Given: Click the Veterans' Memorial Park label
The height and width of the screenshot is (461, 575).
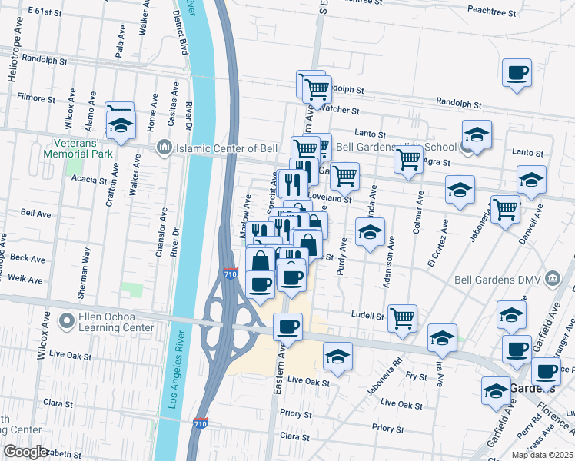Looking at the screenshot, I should (x=84, y=148).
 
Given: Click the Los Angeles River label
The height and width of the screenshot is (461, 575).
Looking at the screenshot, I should (x=178, y=369).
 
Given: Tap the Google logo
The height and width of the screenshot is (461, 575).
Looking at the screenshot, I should (x=25, y=451).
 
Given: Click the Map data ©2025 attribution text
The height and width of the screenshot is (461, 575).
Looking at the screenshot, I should (x=543, y=455).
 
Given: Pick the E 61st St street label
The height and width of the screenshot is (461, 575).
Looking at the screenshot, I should (x=44, y=12).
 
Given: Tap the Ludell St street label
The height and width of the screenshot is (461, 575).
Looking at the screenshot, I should (x=367, y=315).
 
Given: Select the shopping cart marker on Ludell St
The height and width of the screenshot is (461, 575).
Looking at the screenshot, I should (x=403, y=317).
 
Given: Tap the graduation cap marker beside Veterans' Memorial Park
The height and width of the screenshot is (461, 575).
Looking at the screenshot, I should (x=121, y=127).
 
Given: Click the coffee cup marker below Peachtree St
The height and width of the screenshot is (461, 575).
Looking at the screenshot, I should (x=517, y=74).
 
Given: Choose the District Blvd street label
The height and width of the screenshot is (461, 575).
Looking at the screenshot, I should (x=180, y=32).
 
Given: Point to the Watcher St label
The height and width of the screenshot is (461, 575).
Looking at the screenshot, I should (x=335, y=109).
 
